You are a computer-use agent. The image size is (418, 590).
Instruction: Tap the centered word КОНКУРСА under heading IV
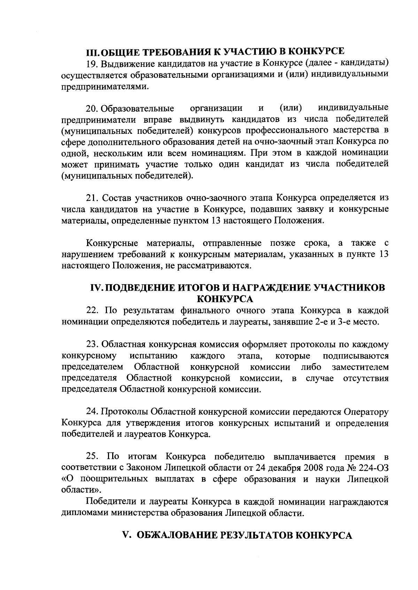click(225, 299)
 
